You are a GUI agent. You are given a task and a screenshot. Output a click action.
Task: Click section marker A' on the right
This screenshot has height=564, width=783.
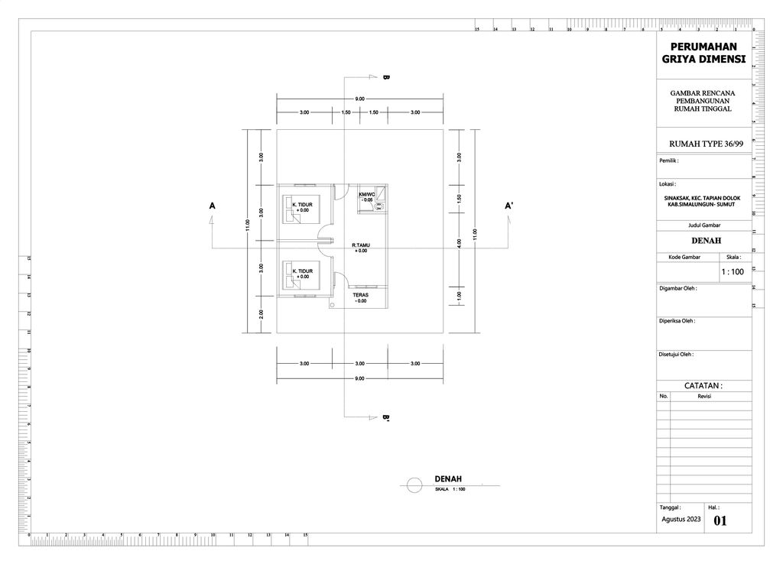coord(508,206)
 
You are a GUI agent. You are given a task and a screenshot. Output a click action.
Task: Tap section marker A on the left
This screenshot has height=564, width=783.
coord(211,206)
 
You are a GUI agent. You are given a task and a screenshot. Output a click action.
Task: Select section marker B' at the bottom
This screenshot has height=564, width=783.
coord(386,418)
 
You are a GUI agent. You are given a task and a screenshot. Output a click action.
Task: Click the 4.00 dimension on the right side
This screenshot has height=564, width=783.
coord(459,243)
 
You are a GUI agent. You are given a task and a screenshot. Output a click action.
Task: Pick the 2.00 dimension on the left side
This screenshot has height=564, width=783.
coord(262,314)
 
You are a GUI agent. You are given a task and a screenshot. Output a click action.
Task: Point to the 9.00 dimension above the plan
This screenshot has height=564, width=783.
coord(359,99)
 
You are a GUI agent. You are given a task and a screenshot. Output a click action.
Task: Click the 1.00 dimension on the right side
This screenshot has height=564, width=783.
coord(459,296)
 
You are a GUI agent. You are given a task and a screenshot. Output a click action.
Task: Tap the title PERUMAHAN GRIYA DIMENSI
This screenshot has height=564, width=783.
coord(703,53)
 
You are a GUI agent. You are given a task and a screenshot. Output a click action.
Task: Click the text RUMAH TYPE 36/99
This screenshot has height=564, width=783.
coord(705,144)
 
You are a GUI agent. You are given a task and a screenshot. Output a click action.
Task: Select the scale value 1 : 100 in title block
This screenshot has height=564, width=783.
coord(732,271)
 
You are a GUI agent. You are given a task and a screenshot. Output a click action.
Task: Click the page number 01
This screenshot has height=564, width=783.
coord(720,521)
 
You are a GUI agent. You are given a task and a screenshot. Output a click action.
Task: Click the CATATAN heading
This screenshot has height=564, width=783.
coord(703,386)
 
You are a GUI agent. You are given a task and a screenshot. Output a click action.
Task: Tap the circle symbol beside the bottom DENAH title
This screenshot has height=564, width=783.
coord(414,485)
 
